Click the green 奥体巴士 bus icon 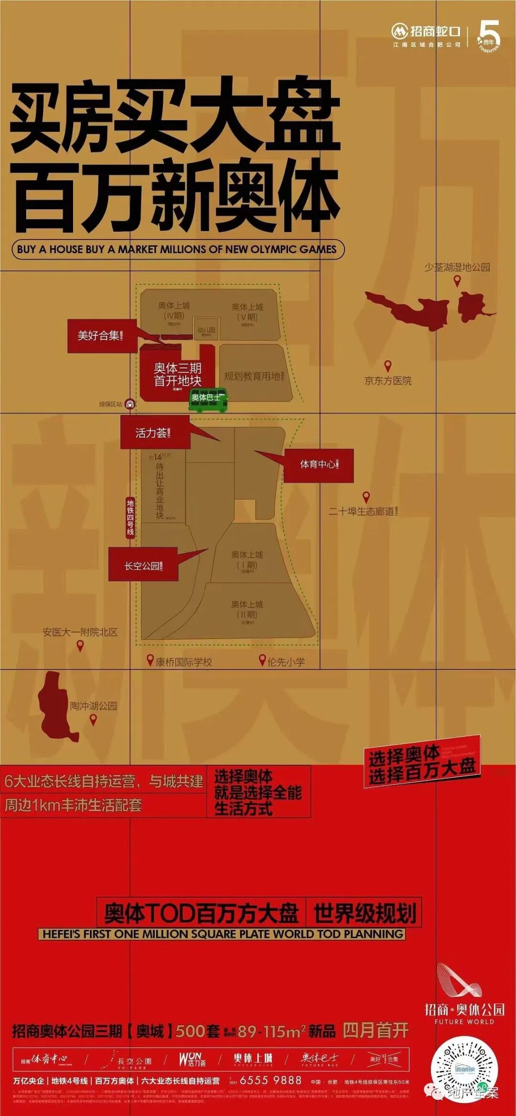click(x=207, y=399)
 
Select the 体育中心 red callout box click(x=319, y=465)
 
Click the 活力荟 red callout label click(x=154, y=433)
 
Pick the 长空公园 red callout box click(x=143, y=566)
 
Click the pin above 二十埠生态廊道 click(x=366, y=497)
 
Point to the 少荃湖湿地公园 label click(x=457, y=267)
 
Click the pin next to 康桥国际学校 click(x=150, y=660)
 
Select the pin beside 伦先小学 click(x=262, y=660)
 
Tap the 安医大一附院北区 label click(x=80, y=632)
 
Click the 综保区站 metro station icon click(x=129, y=404)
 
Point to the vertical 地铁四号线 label click(x=130, y=517)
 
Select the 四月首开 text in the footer click(x=376, y=1031)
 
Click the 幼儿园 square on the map click(x=206, y=330)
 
